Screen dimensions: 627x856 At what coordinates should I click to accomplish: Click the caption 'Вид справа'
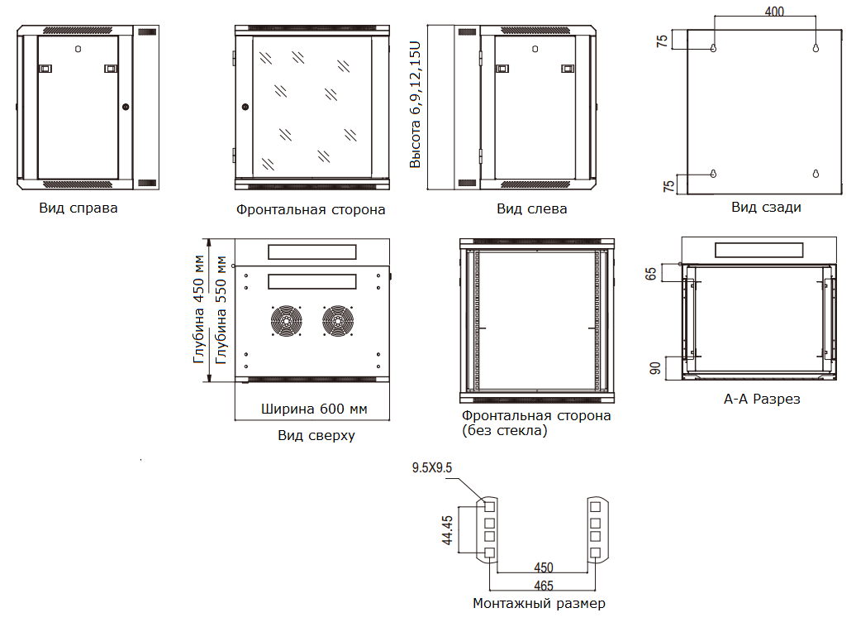[78, 208]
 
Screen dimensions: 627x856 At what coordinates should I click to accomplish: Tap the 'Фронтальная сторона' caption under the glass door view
[311, 209]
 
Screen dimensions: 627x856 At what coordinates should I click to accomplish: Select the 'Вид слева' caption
[531, 208]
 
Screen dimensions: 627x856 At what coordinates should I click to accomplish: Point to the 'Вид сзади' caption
[766, 207]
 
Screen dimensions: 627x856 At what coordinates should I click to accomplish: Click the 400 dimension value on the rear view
[775, 12]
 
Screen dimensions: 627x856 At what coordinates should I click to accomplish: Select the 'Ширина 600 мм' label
[314, 409]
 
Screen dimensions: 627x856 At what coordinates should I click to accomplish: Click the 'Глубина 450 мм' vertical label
[199, 309]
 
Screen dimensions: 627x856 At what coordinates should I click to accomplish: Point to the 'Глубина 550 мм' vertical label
[221, 309]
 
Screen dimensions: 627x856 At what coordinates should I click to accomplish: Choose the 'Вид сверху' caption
[316, 435]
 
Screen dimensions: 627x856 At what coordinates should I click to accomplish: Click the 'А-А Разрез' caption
[762, 399]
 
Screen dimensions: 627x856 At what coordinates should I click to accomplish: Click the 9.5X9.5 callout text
[432, 468]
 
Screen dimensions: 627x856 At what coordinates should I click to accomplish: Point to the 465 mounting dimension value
[544, 586]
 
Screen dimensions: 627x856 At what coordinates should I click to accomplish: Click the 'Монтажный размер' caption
[539, 603]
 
